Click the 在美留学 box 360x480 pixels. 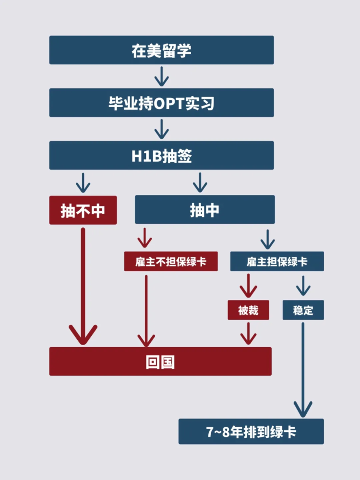[x=161, y=50]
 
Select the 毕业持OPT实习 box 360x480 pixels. [x=161, y=103]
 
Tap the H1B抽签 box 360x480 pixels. [x=161, y=156]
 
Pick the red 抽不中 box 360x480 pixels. [x=83, y=210]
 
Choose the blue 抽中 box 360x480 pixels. [x=205, y=210]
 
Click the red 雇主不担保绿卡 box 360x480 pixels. [x=171, y=262]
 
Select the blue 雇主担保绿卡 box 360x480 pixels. [x=277, y=262]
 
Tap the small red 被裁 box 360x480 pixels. [x=248, y=310]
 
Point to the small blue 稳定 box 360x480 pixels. [x=303, y=310]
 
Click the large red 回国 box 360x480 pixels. [x=160, y=361]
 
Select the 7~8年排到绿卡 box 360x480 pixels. [x=251, y=432]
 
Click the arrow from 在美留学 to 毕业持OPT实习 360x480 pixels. [x=161, y=76]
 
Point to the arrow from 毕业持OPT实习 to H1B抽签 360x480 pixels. [x=161, y=129]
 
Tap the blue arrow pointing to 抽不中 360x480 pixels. [x=83, y=183]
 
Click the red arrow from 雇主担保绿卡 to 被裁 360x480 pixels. [x=248, y=285]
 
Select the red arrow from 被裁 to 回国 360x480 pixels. [x=248, y=333]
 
